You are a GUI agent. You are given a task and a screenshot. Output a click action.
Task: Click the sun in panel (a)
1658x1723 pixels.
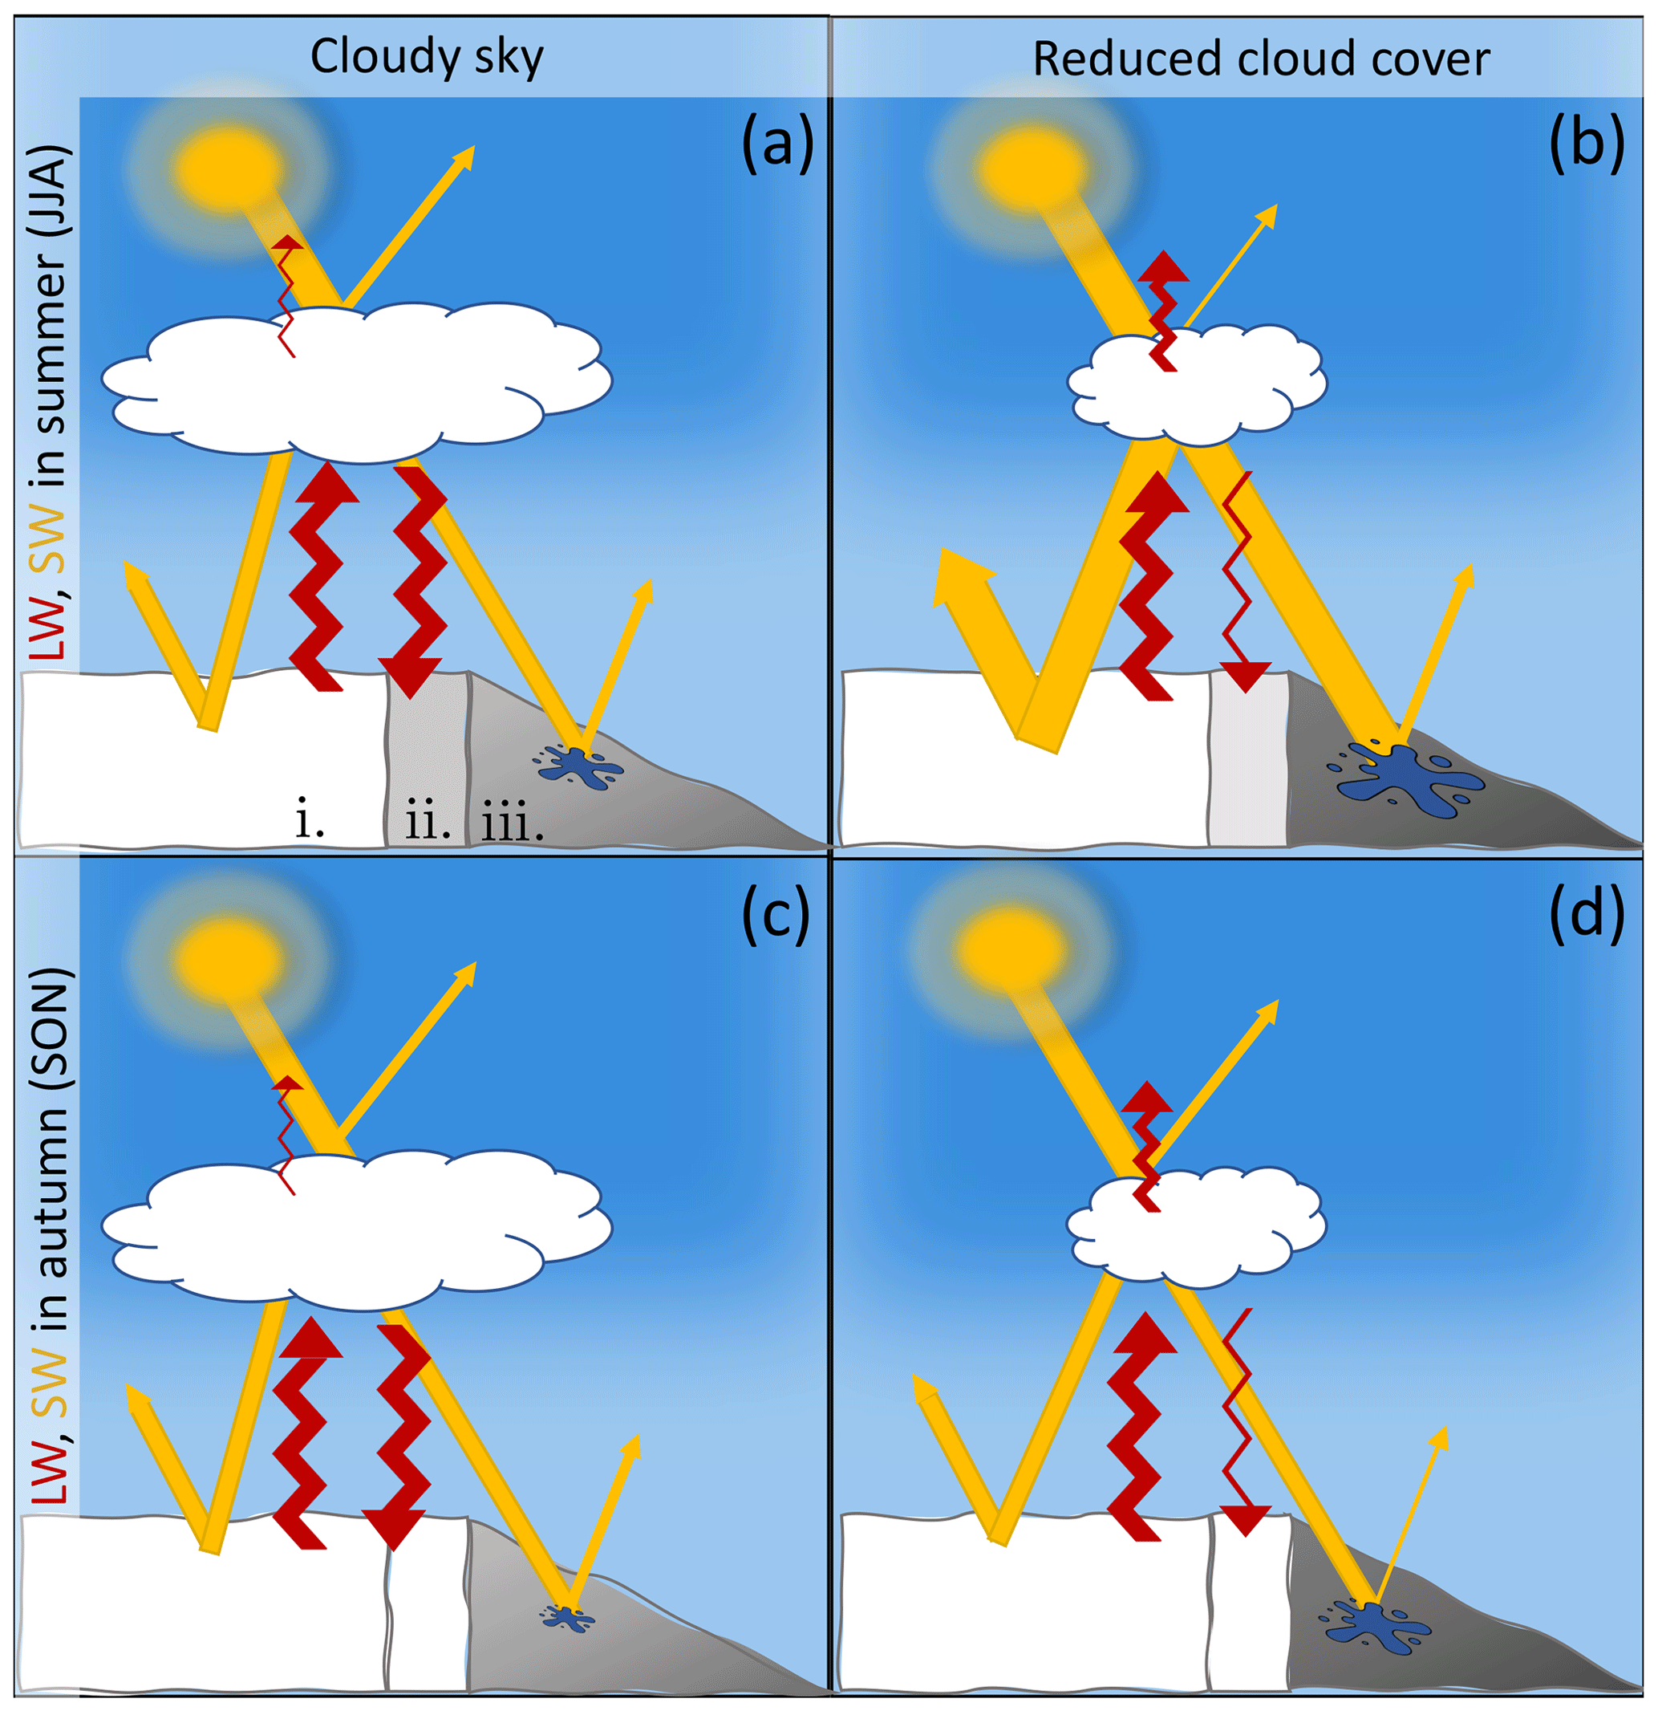pos(227,167)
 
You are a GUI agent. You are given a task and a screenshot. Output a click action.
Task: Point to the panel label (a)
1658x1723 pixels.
pos(776,144)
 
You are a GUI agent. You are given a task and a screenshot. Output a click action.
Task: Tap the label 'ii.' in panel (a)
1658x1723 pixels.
pos(427,821)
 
